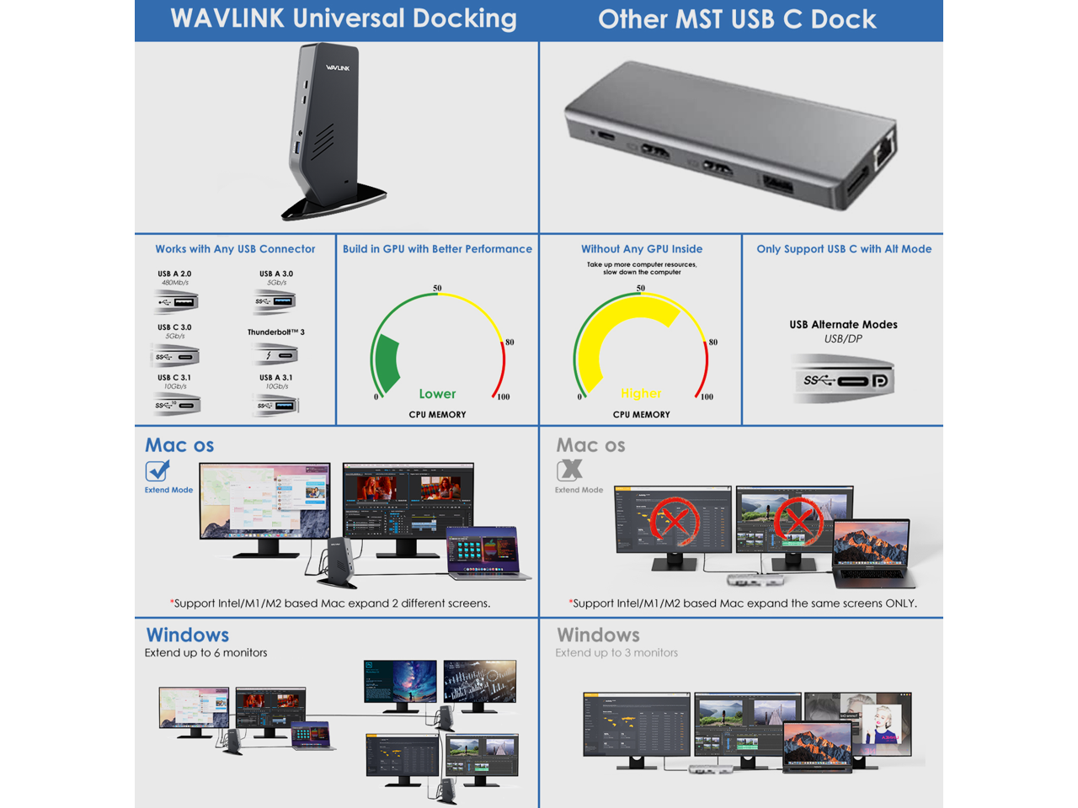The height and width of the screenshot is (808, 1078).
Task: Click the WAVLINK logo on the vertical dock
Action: pos(338,67)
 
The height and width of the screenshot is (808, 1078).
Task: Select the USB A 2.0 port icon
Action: pos(177,301)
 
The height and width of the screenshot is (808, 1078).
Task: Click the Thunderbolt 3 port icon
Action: pos(275,354)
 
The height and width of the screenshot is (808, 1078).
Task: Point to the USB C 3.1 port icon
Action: pos(177,405)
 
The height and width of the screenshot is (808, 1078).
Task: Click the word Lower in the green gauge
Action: pos(437,394)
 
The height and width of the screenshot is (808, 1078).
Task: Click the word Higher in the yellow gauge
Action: pos(641,393)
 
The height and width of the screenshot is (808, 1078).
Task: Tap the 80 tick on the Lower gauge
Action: pos(510,342)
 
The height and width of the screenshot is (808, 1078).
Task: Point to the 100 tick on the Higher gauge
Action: pos(707,396)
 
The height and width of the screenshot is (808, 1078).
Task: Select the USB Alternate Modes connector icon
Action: pos(844,380)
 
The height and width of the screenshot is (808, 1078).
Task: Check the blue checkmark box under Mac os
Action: pos(157,470)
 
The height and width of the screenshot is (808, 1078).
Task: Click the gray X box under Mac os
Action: pos(569,470)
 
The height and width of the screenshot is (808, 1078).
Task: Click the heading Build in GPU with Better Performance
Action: pos(437,249)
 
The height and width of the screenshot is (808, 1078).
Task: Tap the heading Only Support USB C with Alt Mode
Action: pos(844,249)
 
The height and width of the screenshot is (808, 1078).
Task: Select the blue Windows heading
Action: pos(188,635)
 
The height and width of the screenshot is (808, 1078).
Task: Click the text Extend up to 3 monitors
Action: pos(616,653)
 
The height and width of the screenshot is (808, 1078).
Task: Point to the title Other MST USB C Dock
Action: pos(737,19)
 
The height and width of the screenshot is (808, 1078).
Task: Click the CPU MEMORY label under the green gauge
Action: pos(437,415)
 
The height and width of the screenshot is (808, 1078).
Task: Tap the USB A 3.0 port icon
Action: pos(276,300)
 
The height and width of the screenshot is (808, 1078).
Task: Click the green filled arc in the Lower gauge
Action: pos(387,362)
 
